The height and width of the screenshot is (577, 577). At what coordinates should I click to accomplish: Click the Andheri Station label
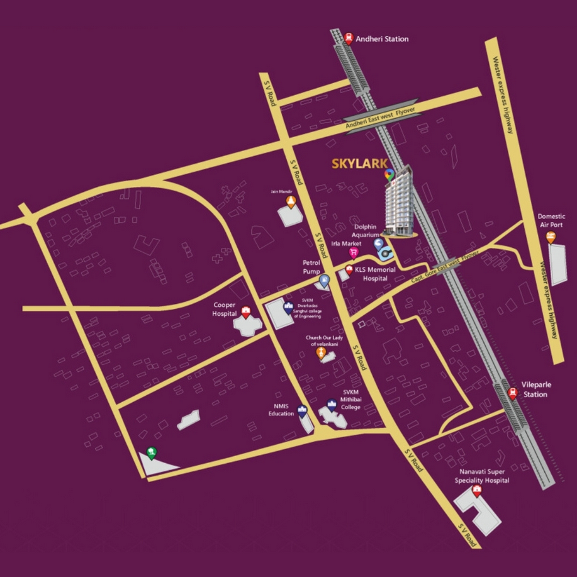(382, 39)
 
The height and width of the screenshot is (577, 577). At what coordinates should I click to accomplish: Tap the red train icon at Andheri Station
(349, 38)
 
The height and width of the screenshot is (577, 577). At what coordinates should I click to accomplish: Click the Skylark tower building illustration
(400, 201)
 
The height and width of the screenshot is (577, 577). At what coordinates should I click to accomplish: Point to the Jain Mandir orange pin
(291, 202)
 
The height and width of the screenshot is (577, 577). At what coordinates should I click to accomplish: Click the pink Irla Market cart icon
(354, 252)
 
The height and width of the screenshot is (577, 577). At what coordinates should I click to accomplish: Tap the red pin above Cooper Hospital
(245, 311)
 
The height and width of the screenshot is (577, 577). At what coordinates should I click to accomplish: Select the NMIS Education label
(281, 410)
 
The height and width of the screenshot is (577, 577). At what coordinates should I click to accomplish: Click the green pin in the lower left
(151, 451)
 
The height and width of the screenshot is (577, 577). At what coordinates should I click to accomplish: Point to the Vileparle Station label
(534, 390)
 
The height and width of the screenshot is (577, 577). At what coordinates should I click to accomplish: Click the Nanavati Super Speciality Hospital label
(482, 476)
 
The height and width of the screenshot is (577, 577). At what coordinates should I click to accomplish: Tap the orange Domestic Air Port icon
(551, 237)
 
